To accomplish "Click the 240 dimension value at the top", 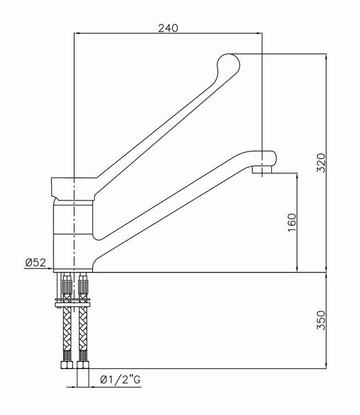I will coord(168,27).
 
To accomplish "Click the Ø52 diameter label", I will coord(35,263).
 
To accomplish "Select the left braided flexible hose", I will coord(67,332).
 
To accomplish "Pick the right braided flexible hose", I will coord(84,332).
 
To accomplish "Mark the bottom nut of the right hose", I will coord(84,366).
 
